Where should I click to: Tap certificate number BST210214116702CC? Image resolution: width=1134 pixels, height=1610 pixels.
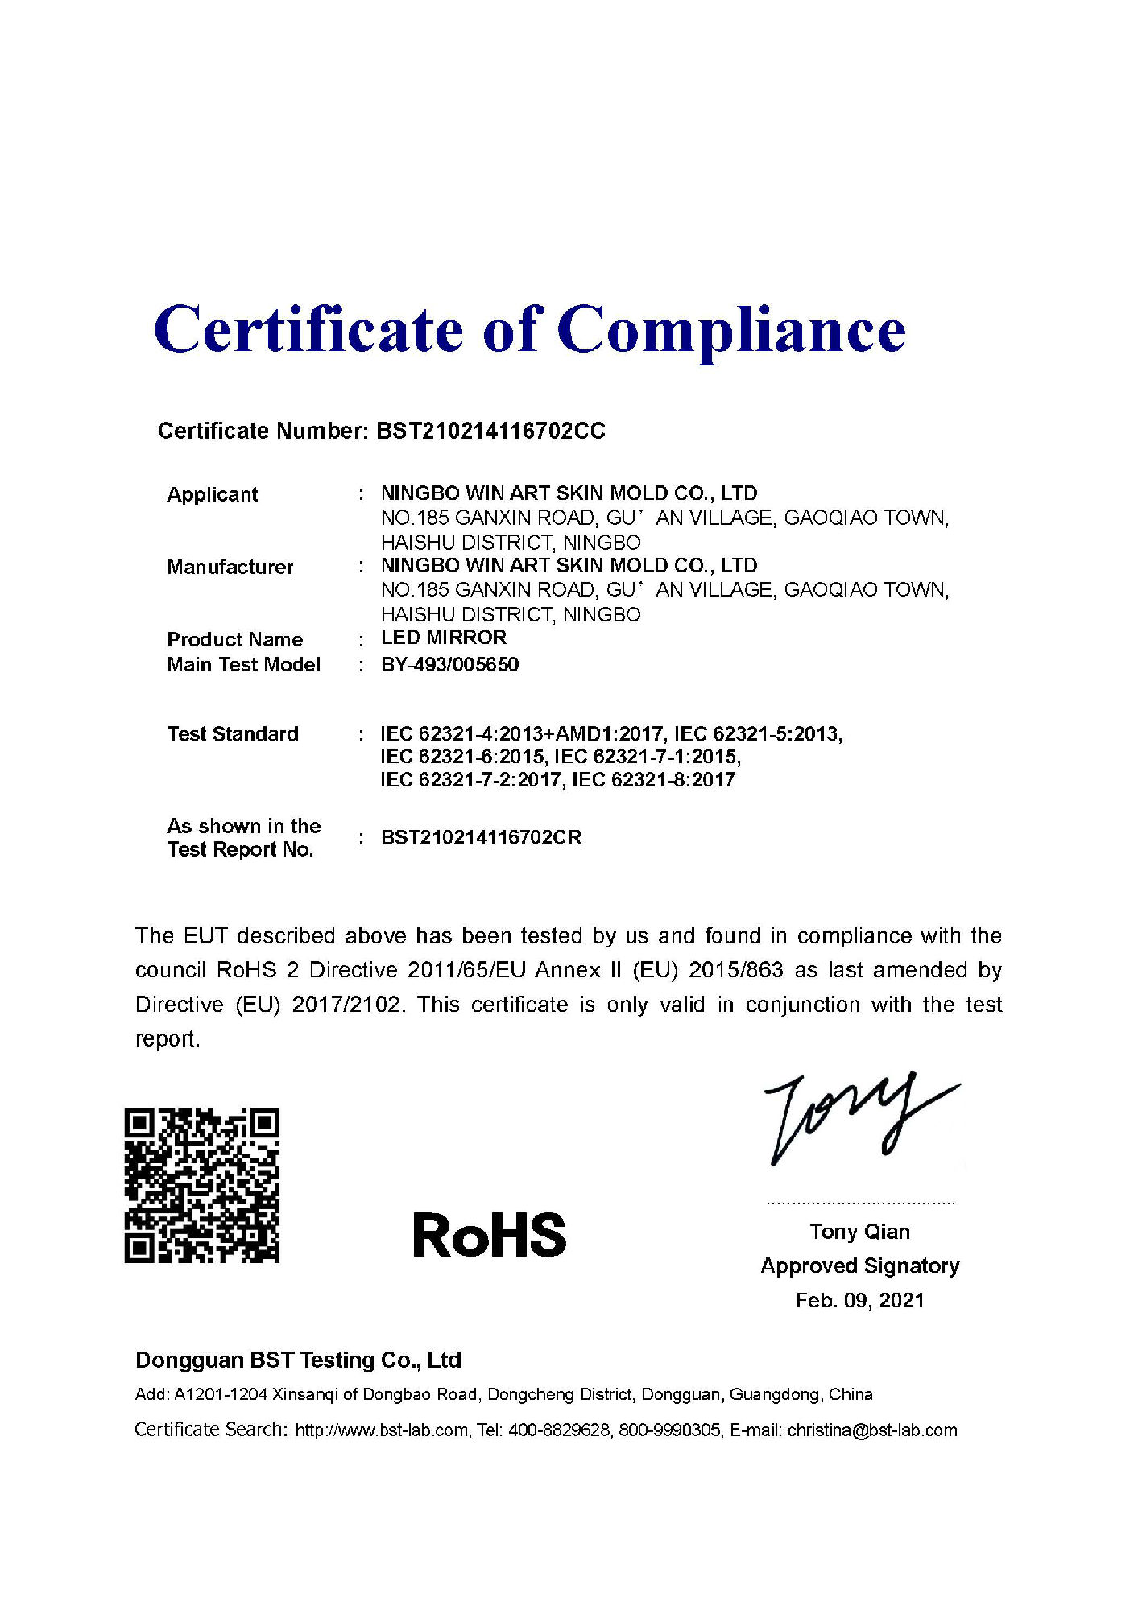490,431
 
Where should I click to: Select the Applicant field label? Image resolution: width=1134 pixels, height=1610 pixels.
212,494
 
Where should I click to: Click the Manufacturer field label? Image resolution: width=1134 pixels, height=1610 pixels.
230,567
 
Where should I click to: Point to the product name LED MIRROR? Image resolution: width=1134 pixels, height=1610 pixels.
443,638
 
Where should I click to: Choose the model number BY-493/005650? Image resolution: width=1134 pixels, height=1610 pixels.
449,665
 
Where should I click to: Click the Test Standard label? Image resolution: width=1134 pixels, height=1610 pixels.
232,734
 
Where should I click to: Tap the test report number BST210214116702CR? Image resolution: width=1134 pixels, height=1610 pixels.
481,838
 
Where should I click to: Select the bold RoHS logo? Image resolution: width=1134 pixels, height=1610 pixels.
489,1235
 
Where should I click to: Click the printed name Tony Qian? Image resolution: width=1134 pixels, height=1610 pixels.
859,1232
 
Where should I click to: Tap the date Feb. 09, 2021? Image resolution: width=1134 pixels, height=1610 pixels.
859,1300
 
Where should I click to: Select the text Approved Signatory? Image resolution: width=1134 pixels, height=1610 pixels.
859,1266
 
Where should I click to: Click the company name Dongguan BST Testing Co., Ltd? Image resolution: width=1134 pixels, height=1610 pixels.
298,1360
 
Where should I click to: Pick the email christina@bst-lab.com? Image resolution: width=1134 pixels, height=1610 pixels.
872,1430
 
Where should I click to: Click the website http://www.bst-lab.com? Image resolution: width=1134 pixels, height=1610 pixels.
382,1430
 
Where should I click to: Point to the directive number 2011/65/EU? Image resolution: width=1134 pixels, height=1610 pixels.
466,970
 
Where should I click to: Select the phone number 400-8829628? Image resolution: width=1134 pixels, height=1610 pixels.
559,1430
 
